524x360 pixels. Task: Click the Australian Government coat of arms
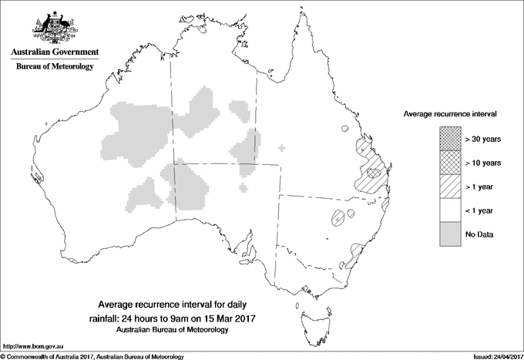pyautogui.click(x=54, y=26)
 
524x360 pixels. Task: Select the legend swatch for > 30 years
pyautogui.click(x=451, y=139)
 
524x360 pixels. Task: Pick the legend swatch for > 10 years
pyautogui.click(x=451, y=163)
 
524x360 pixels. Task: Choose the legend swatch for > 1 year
pyautogui.click(x=451, y=187)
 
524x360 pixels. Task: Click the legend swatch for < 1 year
pyautogui.click(x=451, y=210)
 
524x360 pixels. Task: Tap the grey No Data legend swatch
pyautogui.click(x=451, y=234)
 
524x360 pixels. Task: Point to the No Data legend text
pyautogui.click(x=480, y=234)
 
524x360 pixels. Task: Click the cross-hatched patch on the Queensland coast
pyautogui.click(x=375, y=173)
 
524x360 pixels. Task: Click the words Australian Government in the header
pyautogui.click(x=55, y=52)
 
